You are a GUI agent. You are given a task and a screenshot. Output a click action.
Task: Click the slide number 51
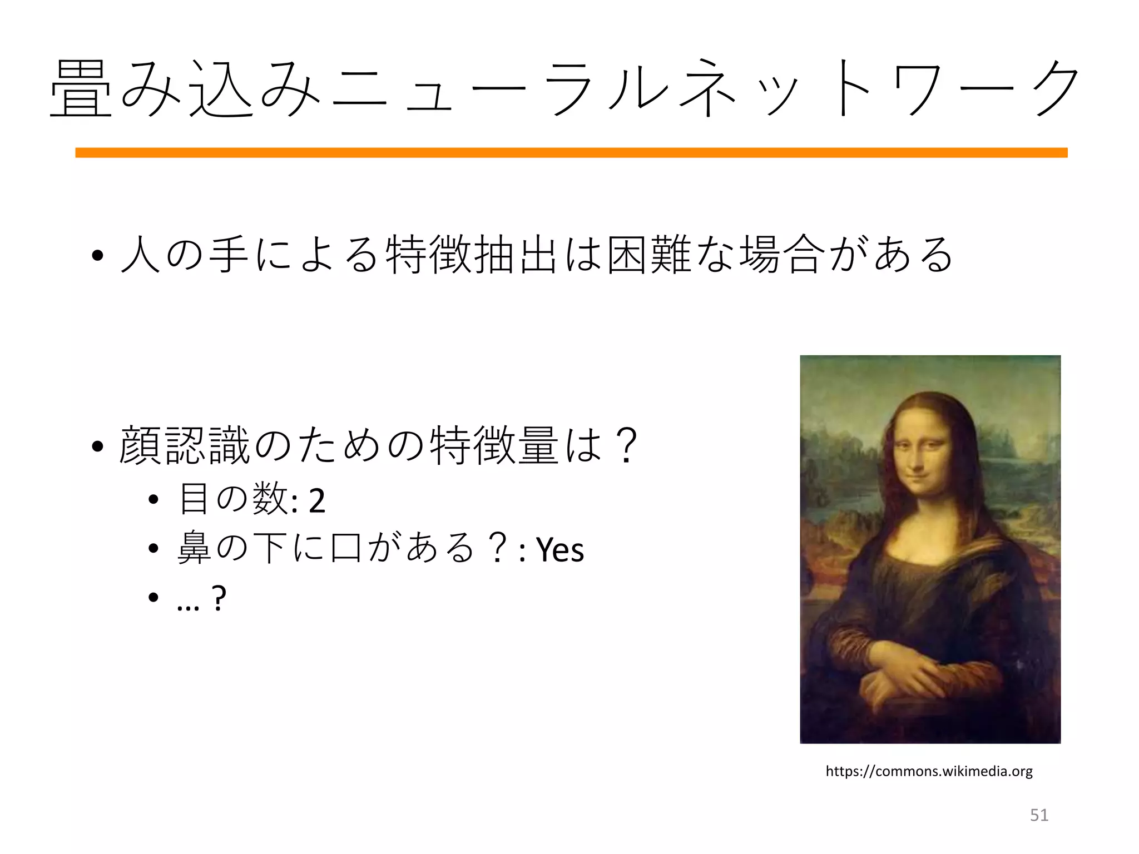[1039, 815]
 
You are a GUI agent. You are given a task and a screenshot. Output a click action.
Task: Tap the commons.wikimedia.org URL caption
[929, 771]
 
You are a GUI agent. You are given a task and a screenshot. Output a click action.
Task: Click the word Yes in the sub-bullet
[560, 550]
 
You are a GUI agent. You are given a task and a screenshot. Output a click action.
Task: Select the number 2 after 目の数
[316, 500]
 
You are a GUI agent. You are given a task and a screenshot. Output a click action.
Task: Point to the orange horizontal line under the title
[571, 152]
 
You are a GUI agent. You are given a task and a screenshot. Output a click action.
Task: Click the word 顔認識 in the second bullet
[184, 446]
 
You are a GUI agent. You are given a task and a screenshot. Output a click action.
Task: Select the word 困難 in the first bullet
[649, 256]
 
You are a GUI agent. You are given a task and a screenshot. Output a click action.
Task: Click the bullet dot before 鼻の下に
[154, 549]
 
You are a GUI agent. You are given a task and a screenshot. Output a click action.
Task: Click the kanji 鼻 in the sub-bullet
[194, 548]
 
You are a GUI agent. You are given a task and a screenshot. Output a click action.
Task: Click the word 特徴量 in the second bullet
[494, 446]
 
